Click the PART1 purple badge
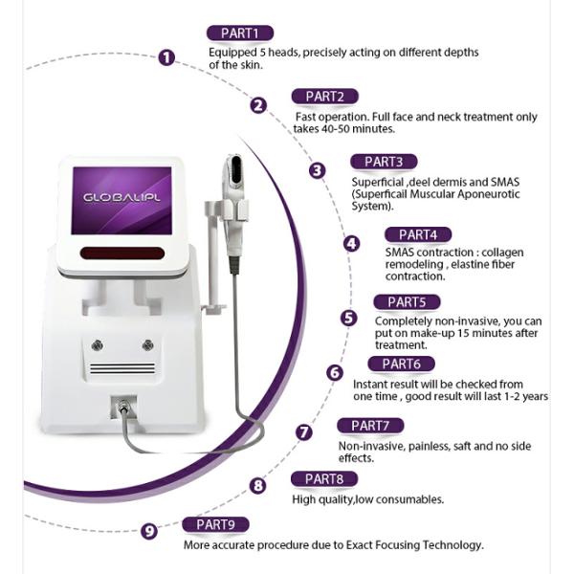pos(240,33)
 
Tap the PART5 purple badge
pos(407,302)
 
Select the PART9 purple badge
pos(215,524)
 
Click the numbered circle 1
pos(166,57)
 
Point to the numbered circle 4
pos(351,243)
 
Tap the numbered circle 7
pos(304,432)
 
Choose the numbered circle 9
pos(149,531)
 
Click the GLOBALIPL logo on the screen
pos(121,198)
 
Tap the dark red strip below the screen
pos(121,253)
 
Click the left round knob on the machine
pos(97,344)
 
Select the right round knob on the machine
pos(148,344)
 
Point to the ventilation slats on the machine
pos(122,368)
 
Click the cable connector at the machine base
pos(123,407)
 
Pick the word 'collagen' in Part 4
pos(502,253)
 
